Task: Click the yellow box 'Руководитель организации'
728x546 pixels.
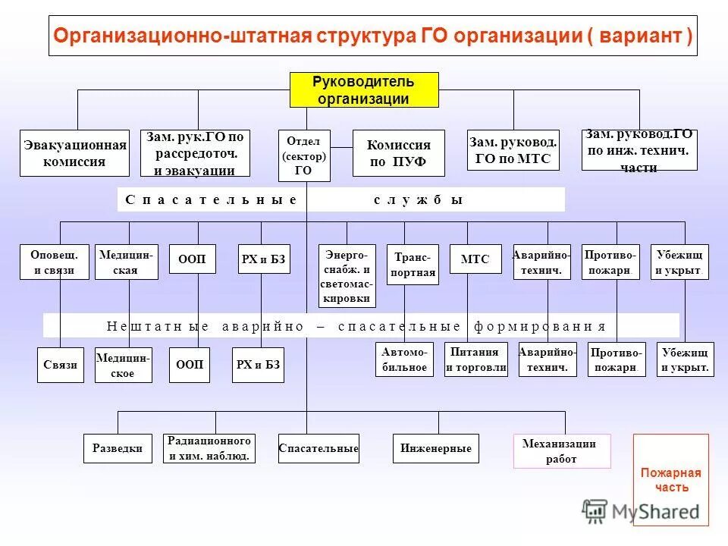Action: [x=364, y=90]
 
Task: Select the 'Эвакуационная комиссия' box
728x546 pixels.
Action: [x=74, y=153]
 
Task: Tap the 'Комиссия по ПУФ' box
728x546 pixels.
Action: [x=398, y=153]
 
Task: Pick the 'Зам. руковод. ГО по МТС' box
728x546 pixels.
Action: [x=513, y=150]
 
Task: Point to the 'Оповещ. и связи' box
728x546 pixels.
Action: [x=54, y=262]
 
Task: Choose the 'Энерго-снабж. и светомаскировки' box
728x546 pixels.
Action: [x=347, y=275]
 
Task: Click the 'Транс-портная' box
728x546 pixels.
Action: [x=413, y=264]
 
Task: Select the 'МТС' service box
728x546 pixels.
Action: [x=475, y=259]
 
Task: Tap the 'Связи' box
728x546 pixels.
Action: [x=61, y=365]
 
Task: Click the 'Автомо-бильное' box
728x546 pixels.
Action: [x=404, y=359]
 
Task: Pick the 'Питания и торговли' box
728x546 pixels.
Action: [x=475, y=359]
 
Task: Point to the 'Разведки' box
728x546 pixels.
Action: [x=117, y=448]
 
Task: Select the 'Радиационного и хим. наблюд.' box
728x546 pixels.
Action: [x=209, y=448]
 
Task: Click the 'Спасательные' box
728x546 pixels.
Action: [x=318, y=448]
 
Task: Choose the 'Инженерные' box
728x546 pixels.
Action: [x=435, y=448]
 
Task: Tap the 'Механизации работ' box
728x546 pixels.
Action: [x=561, y=451]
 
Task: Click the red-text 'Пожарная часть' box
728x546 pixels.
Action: [x=670, y=479]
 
